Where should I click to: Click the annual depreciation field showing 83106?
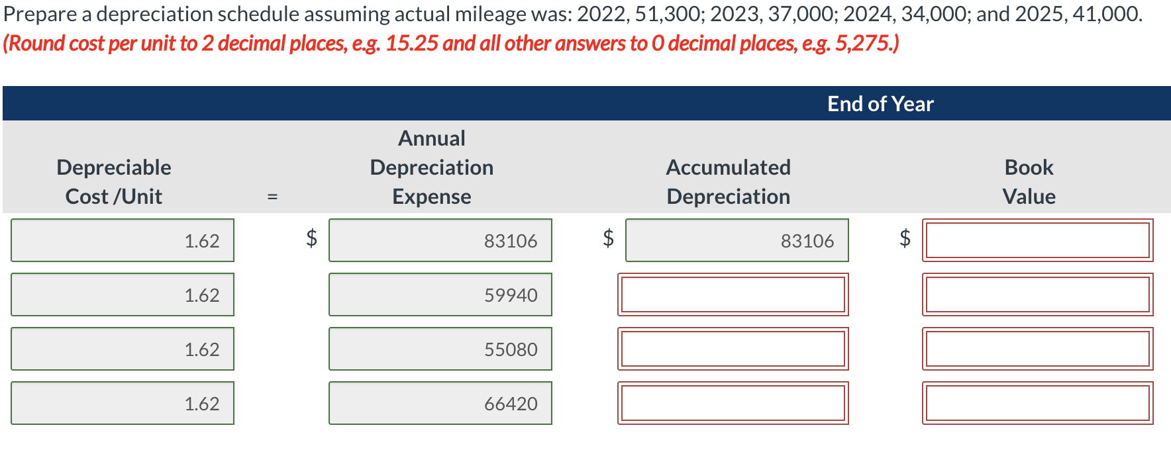[440, 240]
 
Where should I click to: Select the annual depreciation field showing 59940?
[440, 295]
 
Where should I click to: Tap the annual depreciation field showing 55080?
[440, 349]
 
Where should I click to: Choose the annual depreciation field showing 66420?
[440, 403]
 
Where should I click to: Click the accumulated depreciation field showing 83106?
[737, 240]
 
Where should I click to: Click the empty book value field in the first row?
[1037, 240]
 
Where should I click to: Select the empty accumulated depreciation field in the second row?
[733, 295]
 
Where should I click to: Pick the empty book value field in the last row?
[1037, 403]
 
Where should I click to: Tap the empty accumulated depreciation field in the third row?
[733, 349]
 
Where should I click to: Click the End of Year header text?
[880, 104]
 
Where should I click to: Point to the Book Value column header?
[1029, 181]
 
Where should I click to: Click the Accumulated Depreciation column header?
[728, 181]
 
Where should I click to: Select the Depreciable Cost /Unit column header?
[114, 181]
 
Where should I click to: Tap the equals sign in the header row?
[272, 197]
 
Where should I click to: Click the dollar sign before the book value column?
[905, 238]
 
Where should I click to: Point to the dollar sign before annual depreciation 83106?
[311, 238]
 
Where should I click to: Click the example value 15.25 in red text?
[411, 44]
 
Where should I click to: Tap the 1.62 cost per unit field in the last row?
[123, 403]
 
